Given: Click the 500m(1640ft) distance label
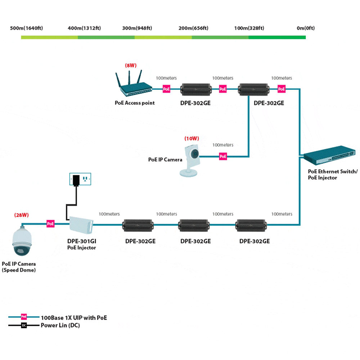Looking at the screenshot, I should (27, 28).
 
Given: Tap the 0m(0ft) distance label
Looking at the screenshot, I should (305, 28).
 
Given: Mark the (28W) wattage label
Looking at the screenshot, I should (21, 215).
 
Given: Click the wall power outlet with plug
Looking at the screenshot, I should (80, 179).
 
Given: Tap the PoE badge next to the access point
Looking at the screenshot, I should (166, 89).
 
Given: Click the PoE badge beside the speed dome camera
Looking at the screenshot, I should (51, 224).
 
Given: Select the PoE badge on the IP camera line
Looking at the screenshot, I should (223, 156).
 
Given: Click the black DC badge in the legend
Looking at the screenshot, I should (24, 326).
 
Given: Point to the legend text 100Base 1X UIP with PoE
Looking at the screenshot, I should (74, 318).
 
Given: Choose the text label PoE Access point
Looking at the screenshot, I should (135, 103).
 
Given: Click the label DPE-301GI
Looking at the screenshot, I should (81, 241).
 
